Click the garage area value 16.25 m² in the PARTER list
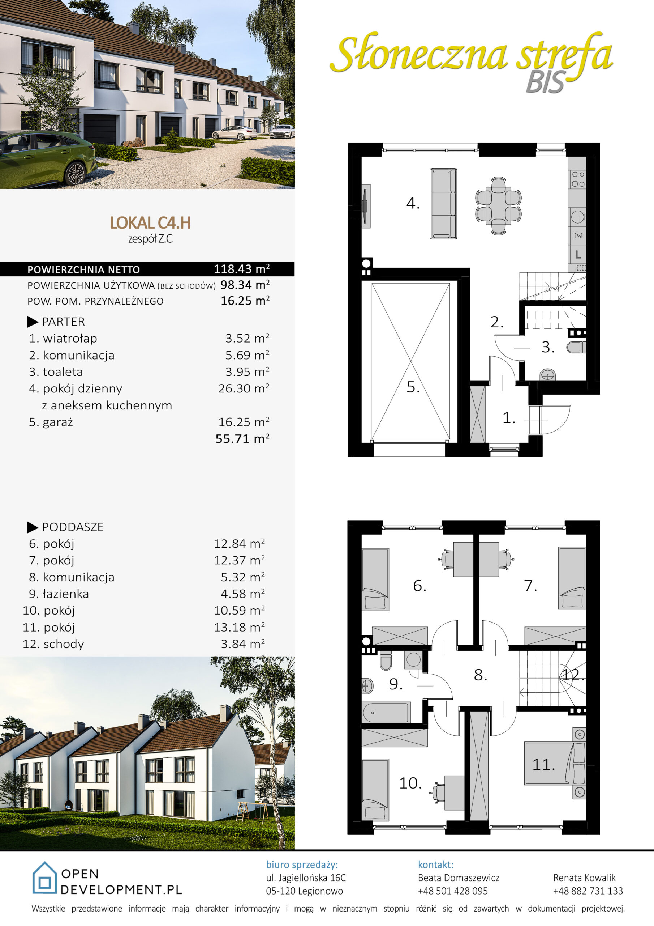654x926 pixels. click(244, 422)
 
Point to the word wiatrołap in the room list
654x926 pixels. click(70, 338)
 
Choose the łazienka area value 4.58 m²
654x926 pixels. click(242, 594)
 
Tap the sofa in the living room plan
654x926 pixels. click(444, 204)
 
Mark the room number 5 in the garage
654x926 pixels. click(413, 387)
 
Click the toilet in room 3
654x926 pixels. click(576, 347)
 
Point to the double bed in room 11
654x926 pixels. click(555, 764)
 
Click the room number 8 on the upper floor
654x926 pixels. click(480, 675)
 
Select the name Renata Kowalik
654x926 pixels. click(584, 878)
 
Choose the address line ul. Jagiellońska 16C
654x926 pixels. click(306, 878)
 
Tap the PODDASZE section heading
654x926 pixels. click(73, 527)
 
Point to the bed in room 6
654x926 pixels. click(375, 579)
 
